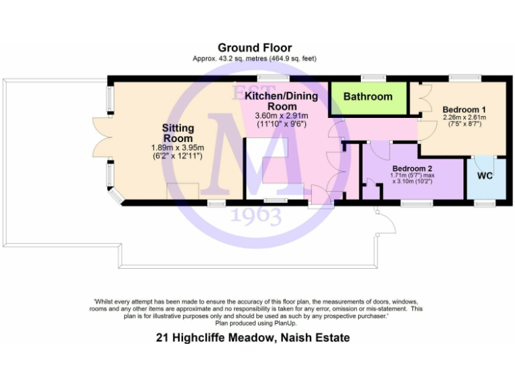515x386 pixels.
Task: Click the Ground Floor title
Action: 254,48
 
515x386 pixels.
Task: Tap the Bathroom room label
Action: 367,96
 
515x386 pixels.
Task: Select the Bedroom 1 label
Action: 464,109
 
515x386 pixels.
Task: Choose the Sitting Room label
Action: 178,133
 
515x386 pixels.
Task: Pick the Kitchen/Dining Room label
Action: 282,101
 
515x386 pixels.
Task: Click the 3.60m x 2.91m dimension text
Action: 282,115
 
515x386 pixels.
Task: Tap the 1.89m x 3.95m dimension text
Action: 178,148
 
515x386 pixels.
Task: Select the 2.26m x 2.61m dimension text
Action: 464,117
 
